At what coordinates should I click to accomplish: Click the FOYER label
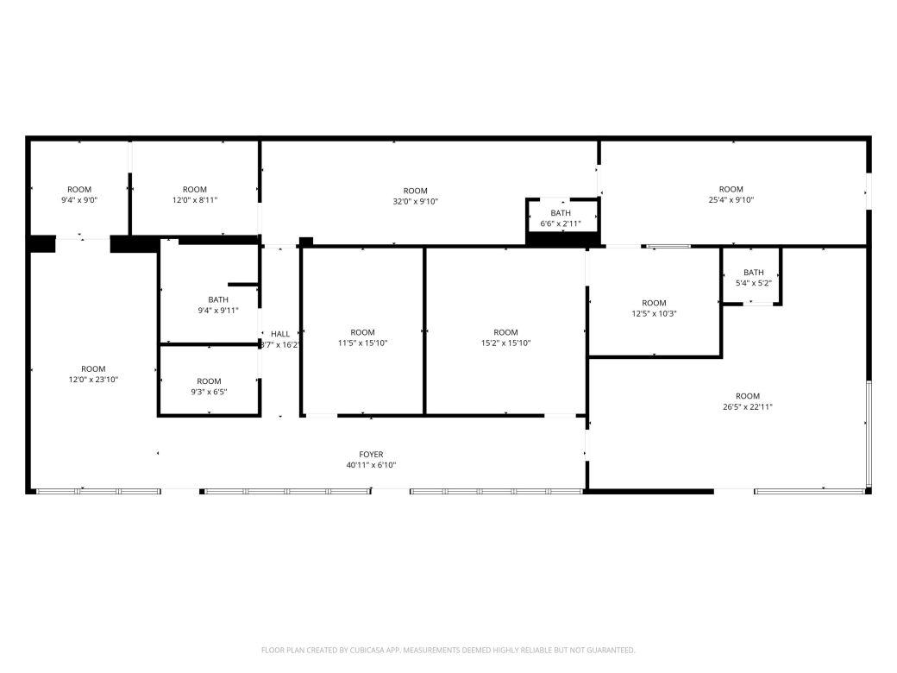[371, 455]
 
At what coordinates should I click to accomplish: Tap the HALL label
[280, 334]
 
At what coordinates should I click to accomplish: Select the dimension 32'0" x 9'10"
[415, 202]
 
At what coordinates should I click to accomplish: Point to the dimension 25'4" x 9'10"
[731, 200]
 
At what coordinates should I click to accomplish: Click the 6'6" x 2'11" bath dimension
[561, 223]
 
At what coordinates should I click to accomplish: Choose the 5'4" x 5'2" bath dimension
[753, 283]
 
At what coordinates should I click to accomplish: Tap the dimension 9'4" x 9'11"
[218, 311]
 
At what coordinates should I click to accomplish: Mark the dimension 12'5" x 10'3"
[654, 314]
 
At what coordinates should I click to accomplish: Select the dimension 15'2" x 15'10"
[505, 343]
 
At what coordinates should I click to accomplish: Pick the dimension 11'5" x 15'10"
[363, 343]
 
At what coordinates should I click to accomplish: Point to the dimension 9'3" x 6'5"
[209, 392]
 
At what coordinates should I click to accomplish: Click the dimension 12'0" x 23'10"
[93, 380]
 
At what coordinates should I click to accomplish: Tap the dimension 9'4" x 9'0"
[79, 200]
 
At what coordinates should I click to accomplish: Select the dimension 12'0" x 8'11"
[195, 200]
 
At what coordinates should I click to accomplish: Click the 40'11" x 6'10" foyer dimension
[371, 465]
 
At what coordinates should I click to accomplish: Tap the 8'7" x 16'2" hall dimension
[280, 345]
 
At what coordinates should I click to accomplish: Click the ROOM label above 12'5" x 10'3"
[654, 303]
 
